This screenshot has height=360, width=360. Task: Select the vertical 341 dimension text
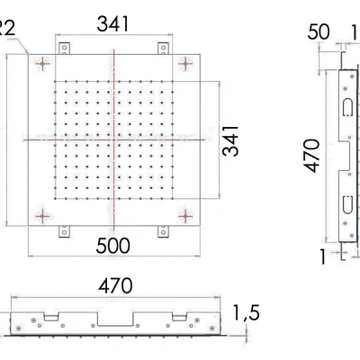[231, 140]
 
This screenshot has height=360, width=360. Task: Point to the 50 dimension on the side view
[319, 32]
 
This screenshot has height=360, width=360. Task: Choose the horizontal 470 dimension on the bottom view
[115, 286]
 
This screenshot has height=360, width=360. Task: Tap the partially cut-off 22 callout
[6, 28]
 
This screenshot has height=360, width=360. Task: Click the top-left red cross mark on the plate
[41, 63]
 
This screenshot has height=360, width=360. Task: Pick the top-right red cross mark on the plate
[186, 63]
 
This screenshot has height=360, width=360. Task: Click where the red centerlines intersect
[114, 139]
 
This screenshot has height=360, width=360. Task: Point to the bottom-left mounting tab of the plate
[64, 231]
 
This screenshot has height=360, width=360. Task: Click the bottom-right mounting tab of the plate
[164, 231]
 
